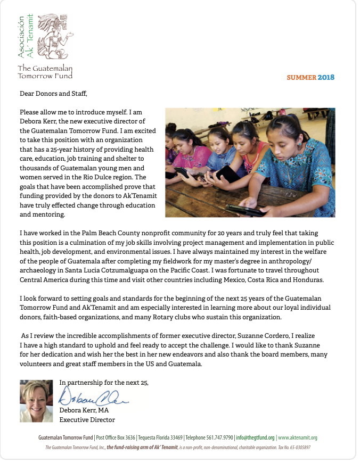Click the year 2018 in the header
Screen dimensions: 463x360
pos(326,77)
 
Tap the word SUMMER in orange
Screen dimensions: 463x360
pos(301,77)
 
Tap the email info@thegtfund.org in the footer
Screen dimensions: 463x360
pos(255,437)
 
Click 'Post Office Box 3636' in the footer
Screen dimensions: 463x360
pos(116,437)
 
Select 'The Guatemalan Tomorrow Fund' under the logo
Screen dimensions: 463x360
pos(45,72)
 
